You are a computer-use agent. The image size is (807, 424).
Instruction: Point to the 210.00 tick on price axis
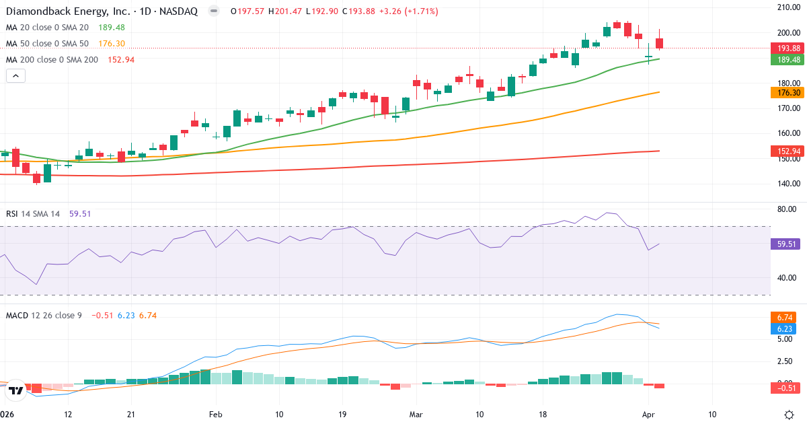pyautogui.click(x=787, y=7)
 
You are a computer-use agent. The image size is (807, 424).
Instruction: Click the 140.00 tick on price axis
pyautogui.click(x=787, y=184)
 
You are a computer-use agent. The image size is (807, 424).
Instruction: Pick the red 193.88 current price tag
pyautogui.click(x=787, y=48)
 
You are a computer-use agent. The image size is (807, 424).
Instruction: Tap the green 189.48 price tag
pyautogui.click(x=787, y=59)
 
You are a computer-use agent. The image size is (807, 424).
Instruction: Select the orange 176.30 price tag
pyautogui.click(x=787, y=93)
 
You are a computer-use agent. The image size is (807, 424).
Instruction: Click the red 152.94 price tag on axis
pyautogui.click(x=787, y=151)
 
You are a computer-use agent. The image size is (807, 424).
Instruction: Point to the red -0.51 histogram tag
pyautogui.click(x=785, y=388)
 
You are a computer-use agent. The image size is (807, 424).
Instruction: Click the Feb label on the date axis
pyautogui.click(x=215, y=414)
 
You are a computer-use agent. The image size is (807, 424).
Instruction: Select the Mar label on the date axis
pyautogui.click(x=416, y=414)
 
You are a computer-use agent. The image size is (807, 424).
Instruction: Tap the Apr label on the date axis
pyautogui.click(x=648, y=414)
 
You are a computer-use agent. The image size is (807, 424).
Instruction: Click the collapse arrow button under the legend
pyautogui.click(x=15, y=76)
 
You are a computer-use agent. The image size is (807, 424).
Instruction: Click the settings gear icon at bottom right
pyautogui.click(x=791, y=415)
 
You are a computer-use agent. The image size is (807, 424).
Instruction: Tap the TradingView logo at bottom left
pyautogui.click(x=16, y=390)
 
